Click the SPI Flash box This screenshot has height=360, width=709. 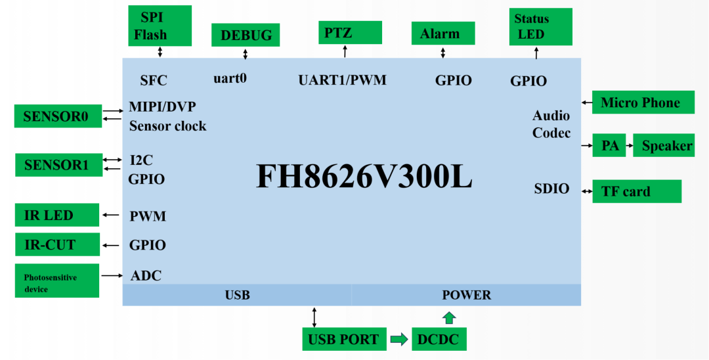tap(160, 26)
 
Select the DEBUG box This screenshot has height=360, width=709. tap(246, 35)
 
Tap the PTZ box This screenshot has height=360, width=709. tap(350, 32)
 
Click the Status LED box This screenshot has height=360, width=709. tap(540, 27)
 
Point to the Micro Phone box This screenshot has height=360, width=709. tap(643, 102)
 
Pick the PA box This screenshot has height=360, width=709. tap(610, 145)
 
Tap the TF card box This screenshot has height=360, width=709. tap(636, 191)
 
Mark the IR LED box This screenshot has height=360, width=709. tap(57, 215)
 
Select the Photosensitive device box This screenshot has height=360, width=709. tap(57, 281)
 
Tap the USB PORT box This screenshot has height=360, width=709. tap(343, 340)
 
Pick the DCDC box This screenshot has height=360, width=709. tap(439, 340)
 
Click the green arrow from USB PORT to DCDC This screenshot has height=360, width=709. tap(398, 340)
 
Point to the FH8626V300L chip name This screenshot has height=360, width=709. tap(364, 176)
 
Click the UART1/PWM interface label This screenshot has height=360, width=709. tap(342, 80)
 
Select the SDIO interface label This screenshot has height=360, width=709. tap(551, 189)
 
